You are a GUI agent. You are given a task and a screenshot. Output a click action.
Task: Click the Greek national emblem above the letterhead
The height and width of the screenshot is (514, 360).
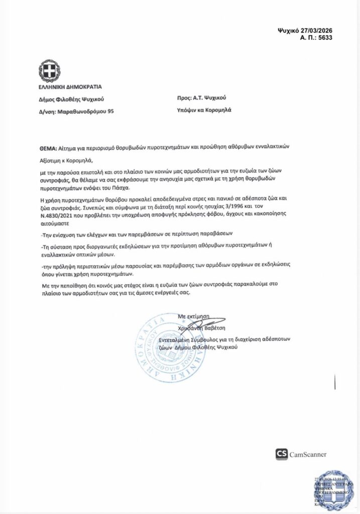[x=50, y=72]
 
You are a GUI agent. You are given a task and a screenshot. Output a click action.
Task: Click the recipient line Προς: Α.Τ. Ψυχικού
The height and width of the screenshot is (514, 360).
[x=198, y=98]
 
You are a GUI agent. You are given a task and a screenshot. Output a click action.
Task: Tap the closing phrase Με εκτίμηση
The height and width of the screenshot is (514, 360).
[x=193, y=316]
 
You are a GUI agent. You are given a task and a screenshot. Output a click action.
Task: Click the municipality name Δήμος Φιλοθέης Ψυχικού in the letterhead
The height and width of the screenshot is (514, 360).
[x=72, y=99]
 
